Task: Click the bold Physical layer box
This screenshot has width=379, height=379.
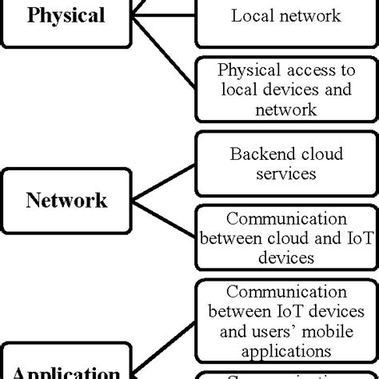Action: (66, 16)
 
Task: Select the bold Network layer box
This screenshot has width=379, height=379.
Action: (66, 199)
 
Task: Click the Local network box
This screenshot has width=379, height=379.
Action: (285, 16)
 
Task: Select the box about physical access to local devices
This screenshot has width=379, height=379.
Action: (285, 89)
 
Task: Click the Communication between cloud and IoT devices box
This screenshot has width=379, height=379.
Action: (285, 237)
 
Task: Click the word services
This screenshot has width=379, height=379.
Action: (285, 172)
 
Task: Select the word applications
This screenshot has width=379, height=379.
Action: (285, 349)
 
